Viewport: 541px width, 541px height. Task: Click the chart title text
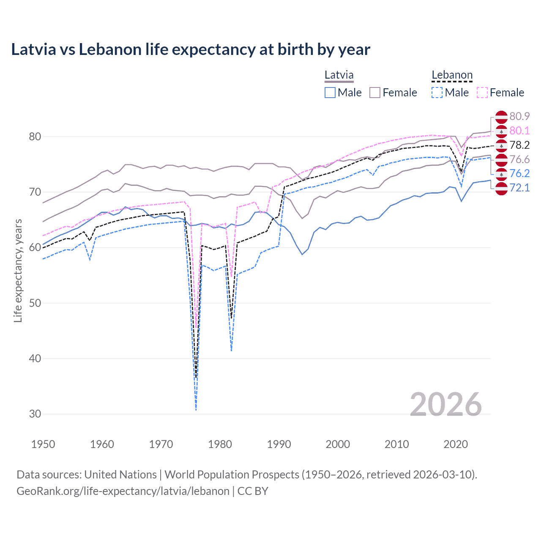[191, 49]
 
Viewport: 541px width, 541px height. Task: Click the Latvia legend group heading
[339, 75]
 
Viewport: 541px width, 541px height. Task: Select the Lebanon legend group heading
[452, 75]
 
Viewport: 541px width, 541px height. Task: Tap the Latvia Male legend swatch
[330, 93]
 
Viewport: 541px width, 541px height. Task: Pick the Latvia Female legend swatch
[375, 93]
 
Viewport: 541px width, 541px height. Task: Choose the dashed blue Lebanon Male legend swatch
[437, 93]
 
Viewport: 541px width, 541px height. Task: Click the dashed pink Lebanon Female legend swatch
[482, 93]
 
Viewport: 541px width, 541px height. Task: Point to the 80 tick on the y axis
[35, 137]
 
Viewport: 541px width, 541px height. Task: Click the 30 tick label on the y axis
[35, 414]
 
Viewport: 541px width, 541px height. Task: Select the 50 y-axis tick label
[35, 303]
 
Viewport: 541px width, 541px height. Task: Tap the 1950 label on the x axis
[43, 444]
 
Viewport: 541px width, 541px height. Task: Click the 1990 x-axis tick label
[279, 444]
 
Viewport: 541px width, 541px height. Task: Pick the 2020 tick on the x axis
[456, 444]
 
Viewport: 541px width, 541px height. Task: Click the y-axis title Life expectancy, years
[18, 270]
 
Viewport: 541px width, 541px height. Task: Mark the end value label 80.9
[519, 116]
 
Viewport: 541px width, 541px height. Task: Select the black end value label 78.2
[519, 145]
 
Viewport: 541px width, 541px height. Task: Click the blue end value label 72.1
[519, 188]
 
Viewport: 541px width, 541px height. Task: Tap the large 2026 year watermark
[445, 404]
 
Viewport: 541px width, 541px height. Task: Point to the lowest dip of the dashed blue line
[196, 409]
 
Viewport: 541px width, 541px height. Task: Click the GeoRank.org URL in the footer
[123, 491]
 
